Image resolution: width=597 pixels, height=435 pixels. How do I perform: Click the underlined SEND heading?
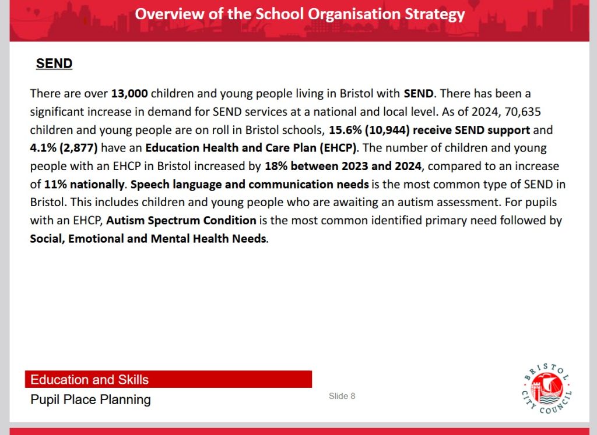[x=54, y=63]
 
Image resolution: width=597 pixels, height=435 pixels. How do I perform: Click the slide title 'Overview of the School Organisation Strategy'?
[x=300, y=14]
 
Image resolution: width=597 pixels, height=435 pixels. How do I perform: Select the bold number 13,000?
[x=129, y=93]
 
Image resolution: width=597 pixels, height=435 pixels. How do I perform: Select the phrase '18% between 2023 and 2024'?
[x=342, y=166]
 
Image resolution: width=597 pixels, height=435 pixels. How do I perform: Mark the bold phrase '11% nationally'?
[x=85, y=185]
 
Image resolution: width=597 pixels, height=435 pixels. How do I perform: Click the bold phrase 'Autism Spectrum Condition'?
[x=181, y=221]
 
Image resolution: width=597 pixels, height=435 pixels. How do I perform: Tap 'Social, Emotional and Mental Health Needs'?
[x=148, y=239]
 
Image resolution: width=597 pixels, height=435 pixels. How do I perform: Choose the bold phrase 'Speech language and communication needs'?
[x=250, y=185]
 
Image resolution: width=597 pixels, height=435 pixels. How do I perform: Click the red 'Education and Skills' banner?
[x=168, y=380]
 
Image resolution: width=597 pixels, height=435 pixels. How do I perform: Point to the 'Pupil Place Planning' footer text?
[x=90, y=399]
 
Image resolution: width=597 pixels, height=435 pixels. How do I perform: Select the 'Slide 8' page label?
[x=342, y=396]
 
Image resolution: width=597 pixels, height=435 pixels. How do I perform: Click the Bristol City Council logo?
[x=546, y=387]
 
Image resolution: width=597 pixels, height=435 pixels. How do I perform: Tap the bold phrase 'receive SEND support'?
[x=471, y=129]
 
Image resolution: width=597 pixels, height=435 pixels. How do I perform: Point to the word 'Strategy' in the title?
[x=435, y=14]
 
